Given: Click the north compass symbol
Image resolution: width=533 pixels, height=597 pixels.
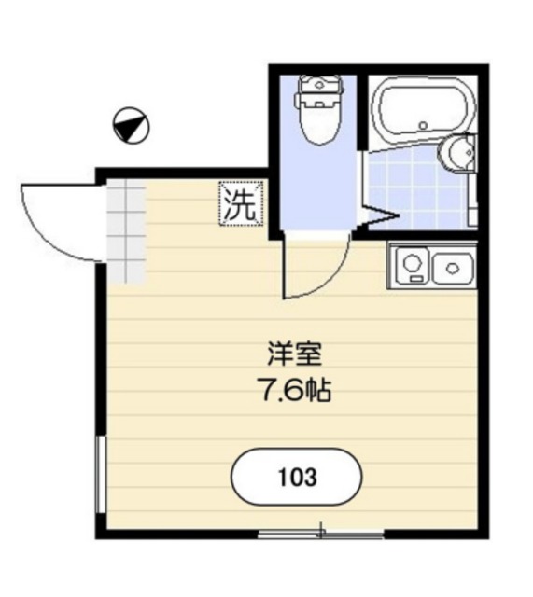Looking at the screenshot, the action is click(131, 125).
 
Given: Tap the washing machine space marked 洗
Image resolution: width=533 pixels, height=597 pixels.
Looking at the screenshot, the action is click(241, 203).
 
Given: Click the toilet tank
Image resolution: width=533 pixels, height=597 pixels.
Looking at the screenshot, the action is click(319, 87).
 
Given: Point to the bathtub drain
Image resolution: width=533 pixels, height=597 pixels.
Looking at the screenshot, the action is click(423, 125).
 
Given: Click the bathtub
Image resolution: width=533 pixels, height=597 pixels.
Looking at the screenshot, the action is click(423, 110).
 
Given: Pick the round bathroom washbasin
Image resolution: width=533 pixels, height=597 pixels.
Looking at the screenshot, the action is click(457, 154).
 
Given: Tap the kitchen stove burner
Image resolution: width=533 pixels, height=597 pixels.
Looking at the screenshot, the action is click(412, 262).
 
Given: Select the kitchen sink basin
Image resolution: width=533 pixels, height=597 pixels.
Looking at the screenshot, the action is click(453, 269).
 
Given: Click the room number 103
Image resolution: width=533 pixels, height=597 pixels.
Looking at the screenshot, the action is click(298, 477).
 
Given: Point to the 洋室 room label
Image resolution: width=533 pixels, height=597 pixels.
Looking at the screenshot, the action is click(295, 354).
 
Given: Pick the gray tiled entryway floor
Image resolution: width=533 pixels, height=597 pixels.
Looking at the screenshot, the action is click(126, 231).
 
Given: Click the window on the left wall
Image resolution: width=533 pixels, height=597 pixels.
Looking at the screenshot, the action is click(101, 475).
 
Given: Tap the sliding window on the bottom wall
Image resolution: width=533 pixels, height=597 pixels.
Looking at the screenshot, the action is click(321, 535).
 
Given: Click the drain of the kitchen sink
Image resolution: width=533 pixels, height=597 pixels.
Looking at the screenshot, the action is click(453, 269).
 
